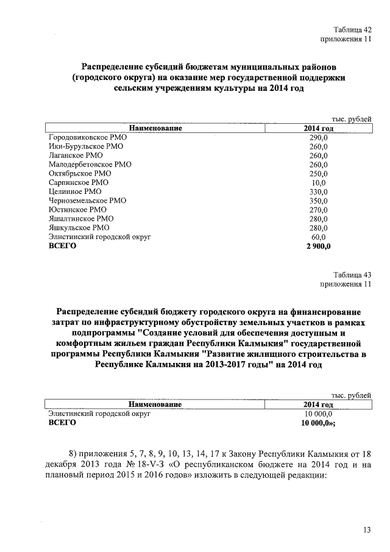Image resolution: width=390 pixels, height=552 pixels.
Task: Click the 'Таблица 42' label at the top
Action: [x=352, y=30]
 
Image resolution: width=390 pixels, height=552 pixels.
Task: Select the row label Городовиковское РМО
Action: [x=87, y=138]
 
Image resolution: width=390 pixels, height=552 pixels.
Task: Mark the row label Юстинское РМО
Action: [x=77, y=209]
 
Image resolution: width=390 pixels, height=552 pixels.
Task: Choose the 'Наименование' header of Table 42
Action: [x=155, y=129]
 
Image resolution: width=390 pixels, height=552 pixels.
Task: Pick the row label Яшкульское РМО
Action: [x=79, y=228]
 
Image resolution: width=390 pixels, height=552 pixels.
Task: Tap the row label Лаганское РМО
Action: [x=76, y=156]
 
